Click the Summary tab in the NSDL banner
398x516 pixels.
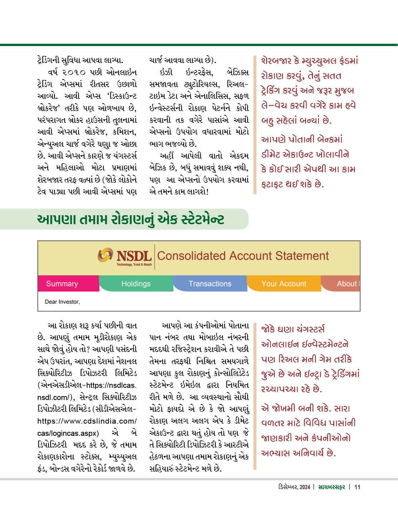tap(62, 284)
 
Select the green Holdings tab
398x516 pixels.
tap(136, 284)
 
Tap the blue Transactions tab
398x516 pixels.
tap(210, 284)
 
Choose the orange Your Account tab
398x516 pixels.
tap(284, 284)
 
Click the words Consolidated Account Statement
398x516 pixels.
tap(243, 256)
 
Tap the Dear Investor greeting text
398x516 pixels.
tap(62, 302)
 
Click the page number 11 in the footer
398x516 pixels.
tap(357, 487)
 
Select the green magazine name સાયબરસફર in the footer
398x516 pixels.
tap(331, 487)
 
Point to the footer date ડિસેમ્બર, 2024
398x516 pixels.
tap(294, 487)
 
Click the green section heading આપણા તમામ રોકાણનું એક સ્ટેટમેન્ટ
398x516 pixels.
tap(131, 219)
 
